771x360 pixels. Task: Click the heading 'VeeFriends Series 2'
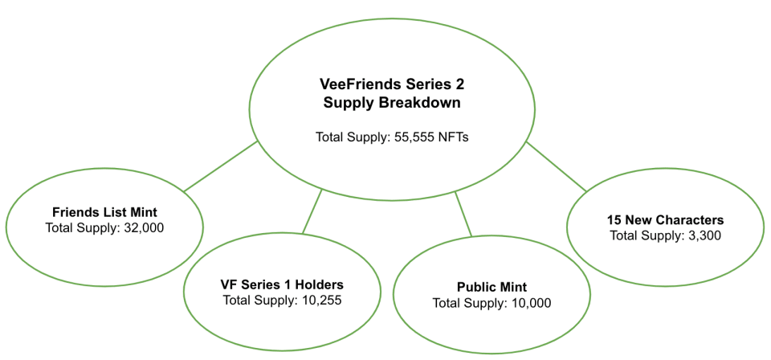coord(392,84)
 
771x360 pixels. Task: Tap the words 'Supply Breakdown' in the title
coord(392,102)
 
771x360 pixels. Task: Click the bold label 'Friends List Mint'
coord(104,212)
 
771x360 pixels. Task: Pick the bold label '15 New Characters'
coord(666,219)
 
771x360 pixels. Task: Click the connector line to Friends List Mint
coord(221,167)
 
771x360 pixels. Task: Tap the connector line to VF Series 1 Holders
coord(312,211)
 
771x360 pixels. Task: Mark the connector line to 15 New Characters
coord(557,167)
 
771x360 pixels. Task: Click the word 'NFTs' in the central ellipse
coord(454,137)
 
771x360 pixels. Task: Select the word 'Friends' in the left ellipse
coord(75,212)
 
